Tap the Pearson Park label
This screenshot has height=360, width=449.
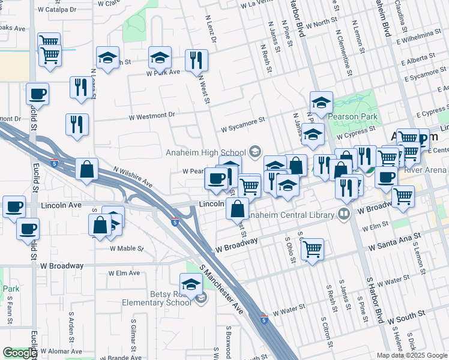click(351, 116)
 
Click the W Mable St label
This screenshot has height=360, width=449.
click(127, 248)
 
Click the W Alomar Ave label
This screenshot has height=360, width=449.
click(59, 350)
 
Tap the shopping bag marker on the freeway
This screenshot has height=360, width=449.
click(87, 169)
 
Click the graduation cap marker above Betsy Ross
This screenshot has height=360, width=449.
click(191, 284)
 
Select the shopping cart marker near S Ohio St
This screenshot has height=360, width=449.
click(312, 248)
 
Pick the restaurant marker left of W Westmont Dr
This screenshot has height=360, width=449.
click(77, 124)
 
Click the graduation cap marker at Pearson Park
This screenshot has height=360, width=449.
click(321, 102)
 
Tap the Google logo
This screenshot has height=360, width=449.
click(20, 353)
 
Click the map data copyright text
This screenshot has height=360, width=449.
click(411, 355)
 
